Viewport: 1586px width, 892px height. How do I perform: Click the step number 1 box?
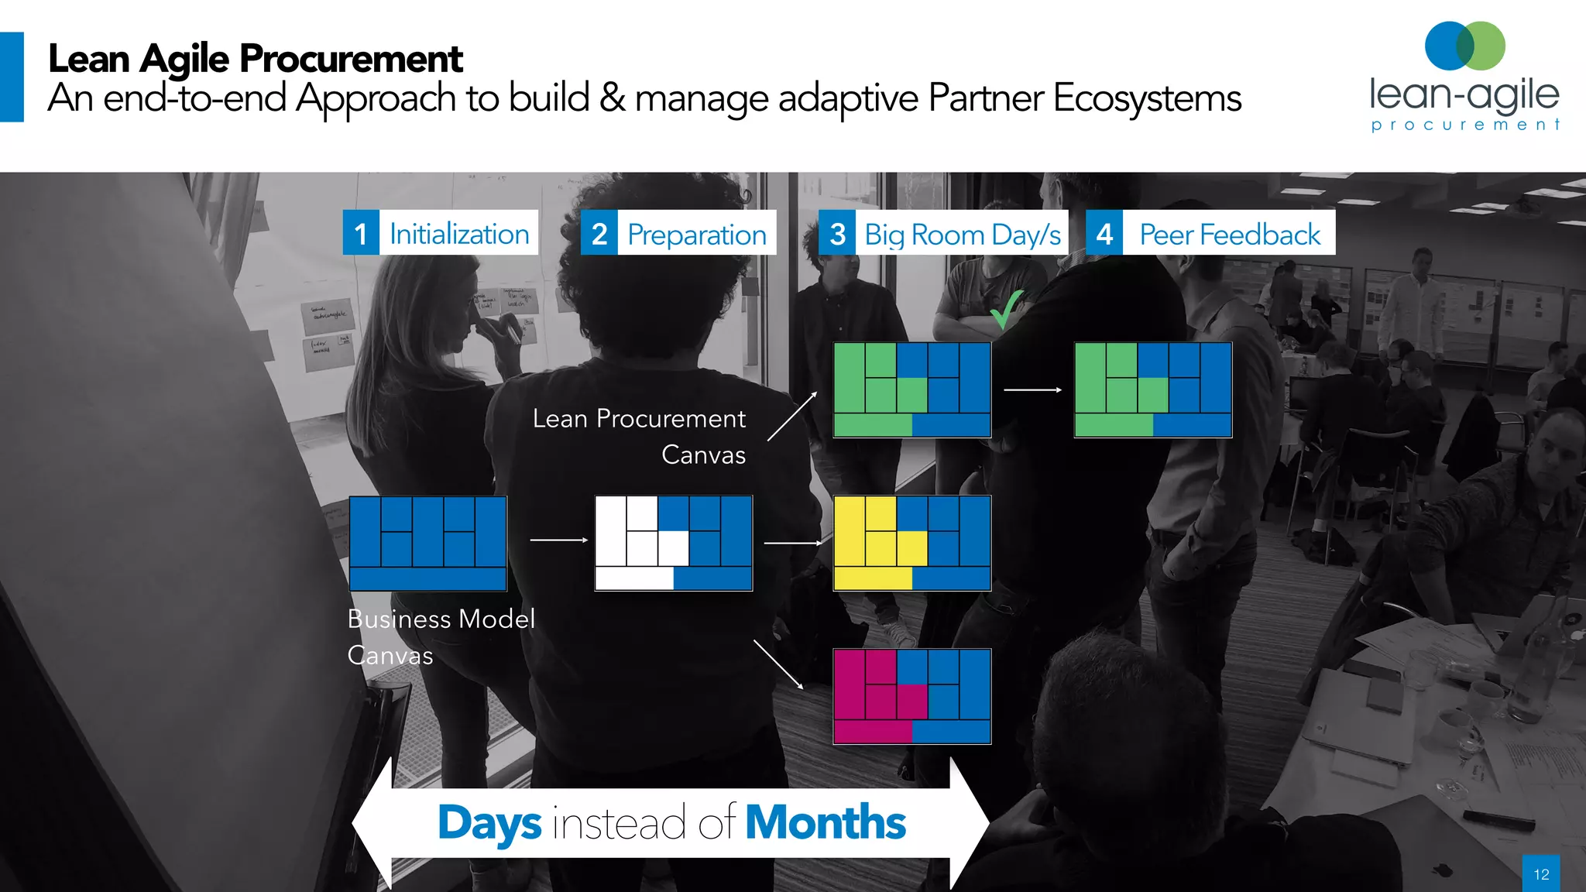click(x=361, y=233)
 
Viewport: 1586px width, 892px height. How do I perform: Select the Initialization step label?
click(x=459, y=233)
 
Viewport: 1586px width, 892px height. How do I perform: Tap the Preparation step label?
click(x=696, y=233)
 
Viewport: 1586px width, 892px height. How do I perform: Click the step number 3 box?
click(x=837, y=233)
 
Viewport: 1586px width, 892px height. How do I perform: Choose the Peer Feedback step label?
click(x=1229, y=233)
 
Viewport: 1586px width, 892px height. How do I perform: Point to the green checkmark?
click(x=1007, y=309)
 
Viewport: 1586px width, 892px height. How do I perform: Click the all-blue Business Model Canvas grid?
click(x=428, y=544)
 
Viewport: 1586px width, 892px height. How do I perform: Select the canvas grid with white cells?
click(x=674, y=544)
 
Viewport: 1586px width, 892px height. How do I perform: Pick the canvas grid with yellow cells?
click(x=912, y=544)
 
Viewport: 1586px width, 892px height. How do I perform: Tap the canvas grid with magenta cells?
click(x=912, y=696)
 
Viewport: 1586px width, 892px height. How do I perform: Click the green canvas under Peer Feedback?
click(x=1153, y=390)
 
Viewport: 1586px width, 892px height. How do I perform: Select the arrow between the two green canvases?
click(x=1032, y=390)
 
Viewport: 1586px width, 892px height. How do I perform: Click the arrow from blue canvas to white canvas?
click(x=559, y=540)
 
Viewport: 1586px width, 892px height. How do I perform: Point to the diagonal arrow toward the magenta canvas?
click(x=778, y=664)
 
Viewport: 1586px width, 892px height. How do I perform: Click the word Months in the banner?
click(x=825, y=822)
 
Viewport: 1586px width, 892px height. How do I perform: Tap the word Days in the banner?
click(x=489, y=822)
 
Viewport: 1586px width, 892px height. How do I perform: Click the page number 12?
click(x=1541, y=874)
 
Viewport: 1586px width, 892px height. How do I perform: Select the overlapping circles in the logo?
click(x=1465, y=46)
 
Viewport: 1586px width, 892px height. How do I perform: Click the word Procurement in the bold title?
click(x=351, y=59)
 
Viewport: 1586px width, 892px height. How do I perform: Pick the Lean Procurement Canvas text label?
click(x=639, y=436)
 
